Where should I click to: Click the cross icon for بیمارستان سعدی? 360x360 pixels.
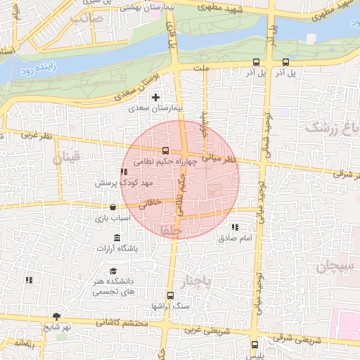point(155,96)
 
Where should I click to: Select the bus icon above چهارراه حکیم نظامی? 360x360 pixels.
point(165,150)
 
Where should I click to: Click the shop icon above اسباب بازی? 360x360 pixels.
point(112,207)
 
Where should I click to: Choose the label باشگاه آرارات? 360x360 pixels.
point(117,248)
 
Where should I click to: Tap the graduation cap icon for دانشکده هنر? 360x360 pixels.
point(112,271)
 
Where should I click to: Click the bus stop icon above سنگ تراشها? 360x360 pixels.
point(169,295)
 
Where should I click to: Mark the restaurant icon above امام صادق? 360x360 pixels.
point(235,227)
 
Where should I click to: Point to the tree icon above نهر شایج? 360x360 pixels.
point(56,316)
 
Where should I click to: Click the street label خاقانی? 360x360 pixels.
point(150,204)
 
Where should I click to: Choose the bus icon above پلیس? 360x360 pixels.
point(255,345)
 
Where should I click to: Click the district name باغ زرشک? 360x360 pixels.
point(330,128)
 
